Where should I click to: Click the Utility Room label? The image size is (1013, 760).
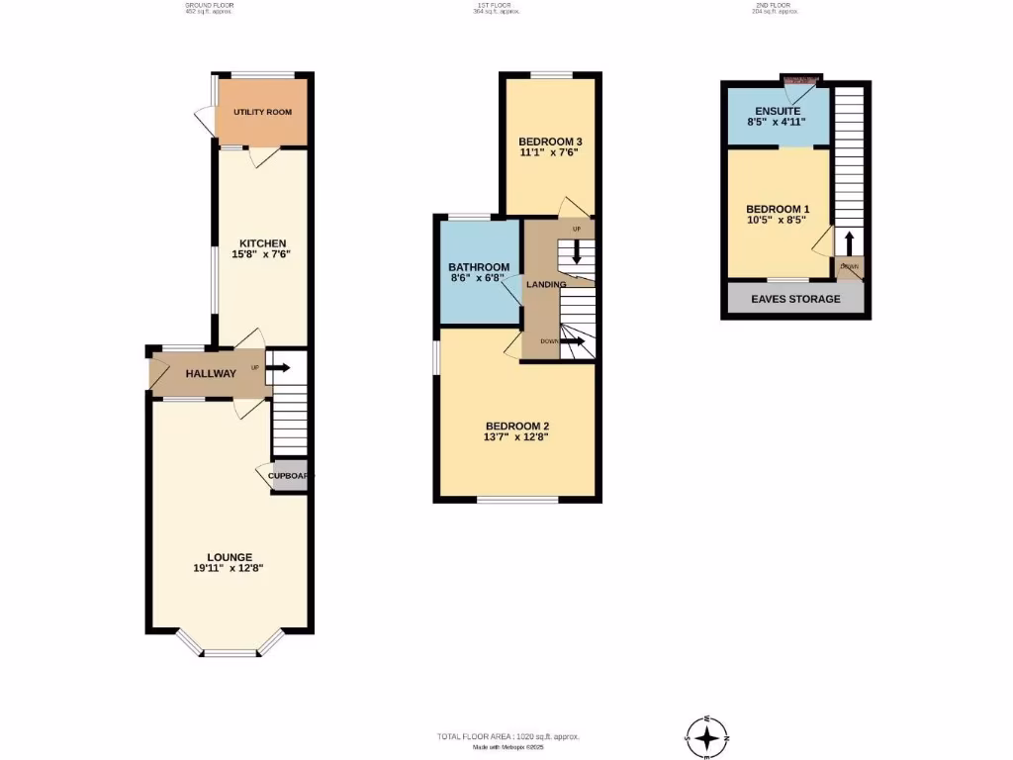point(262,112)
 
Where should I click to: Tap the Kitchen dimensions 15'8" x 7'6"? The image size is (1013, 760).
point(261,254)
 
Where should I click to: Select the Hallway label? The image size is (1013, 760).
point(211,373)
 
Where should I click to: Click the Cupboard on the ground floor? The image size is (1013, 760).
point(289,476)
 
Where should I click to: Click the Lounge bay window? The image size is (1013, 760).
point(230,651)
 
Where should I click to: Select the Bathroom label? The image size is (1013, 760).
point(479,267)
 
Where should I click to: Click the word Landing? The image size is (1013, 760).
point(546,285)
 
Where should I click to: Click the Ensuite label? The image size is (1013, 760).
point(777,110)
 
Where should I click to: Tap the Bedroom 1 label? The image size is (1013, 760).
point(778,209)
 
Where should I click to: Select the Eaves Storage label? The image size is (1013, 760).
point(795,299)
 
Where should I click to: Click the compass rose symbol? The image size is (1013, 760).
point(707,738)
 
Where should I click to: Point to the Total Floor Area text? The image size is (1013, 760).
point(507,736)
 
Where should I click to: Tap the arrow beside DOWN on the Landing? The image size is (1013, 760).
point(573,341)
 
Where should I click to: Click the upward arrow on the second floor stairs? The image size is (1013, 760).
point(848,243)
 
